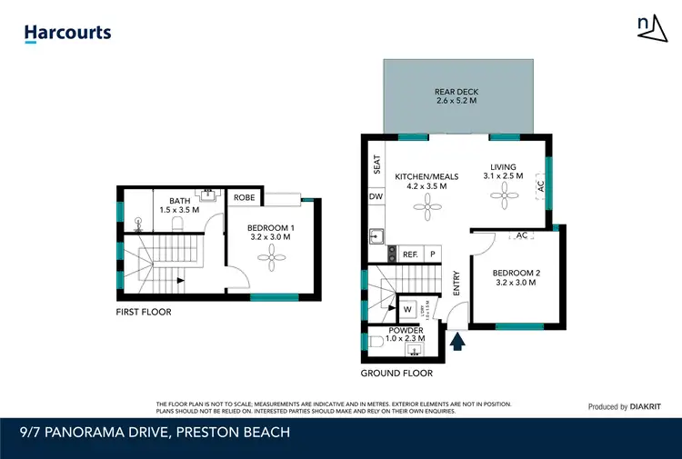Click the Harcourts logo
67,34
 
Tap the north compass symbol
647,30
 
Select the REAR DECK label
456,96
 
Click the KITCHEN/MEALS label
426,181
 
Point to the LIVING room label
503,172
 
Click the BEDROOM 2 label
515,277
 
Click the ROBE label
245,197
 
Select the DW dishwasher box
376,196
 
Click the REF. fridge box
410,254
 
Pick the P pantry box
433,254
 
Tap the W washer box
407,310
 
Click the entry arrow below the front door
458,341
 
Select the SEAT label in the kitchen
376,164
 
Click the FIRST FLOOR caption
144,312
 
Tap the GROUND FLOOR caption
396,373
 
